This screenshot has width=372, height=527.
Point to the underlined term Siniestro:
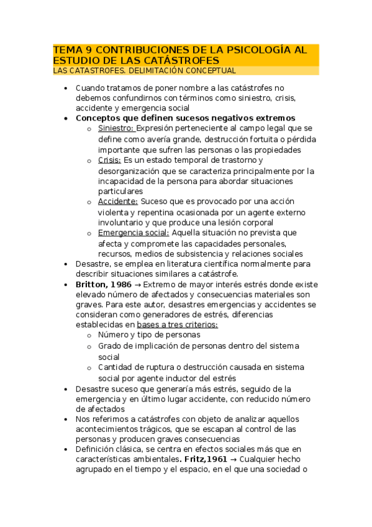pyautogui.click(x=116, y=129)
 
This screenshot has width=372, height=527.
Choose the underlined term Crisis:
pyautogui.click(x=109, y=160)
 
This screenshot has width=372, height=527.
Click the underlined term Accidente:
pyautogui.click(x=118, y=201)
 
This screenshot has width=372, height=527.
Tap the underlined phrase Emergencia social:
pyautogui.click(x=134, y=232)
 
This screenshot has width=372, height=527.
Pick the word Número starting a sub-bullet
pyautogui.click(x=114, y=335)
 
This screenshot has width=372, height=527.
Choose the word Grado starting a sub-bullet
pyautogui.click(x=111, y=346)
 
